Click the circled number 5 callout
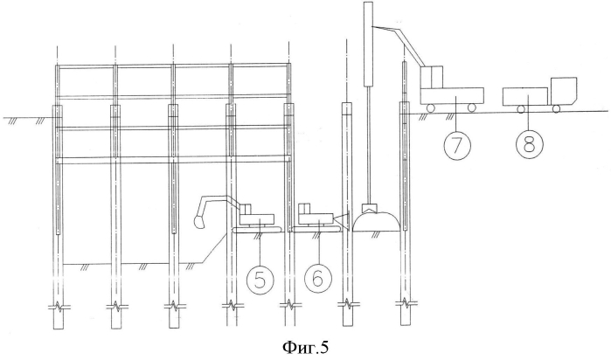click(260, 279)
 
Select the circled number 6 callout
click(318, 279)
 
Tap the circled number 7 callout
click(456, 145)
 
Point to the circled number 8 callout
click(529, 145)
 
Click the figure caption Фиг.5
click(305, 347)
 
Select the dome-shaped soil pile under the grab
click(377, 221)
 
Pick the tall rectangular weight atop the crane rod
click(368, 44)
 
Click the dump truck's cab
click(564, 91)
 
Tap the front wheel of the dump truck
click(557, 108)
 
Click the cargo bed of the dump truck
click(525, 97)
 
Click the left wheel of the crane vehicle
click(431, 107)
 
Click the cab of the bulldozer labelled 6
click(304, 209)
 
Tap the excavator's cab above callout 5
click(246, 209)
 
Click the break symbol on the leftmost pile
click(59, 306)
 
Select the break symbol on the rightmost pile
click(406, 303)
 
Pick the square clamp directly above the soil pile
click(368, 207)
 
